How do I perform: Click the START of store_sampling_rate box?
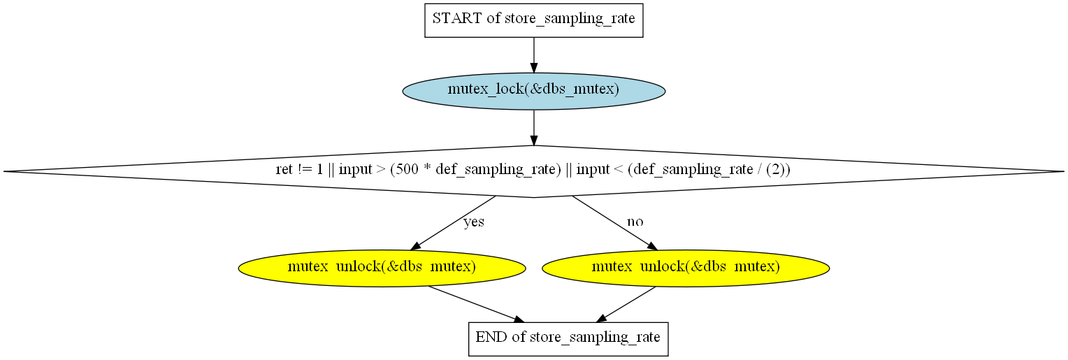pos(533,20)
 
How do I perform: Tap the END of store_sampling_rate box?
pos(568,339)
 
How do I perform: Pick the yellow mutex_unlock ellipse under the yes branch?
pos(382,268)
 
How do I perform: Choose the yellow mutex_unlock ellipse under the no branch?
pos(686,268)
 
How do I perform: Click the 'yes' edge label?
pos(474,222)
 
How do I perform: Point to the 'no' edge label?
pos(635,222)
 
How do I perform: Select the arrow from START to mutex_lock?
pos(533,55)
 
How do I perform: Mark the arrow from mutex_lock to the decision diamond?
pos(533,128)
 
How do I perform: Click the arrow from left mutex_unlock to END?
pos(476,304)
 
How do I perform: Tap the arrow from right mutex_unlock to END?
pos(626,304)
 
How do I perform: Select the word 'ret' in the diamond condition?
pos(284,170)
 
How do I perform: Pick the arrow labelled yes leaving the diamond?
pos(453,223)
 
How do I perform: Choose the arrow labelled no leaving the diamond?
pos(615,223)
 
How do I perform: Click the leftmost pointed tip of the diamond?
pos(3,172)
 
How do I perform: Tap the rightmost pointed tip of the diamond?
pos(1064,172)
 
